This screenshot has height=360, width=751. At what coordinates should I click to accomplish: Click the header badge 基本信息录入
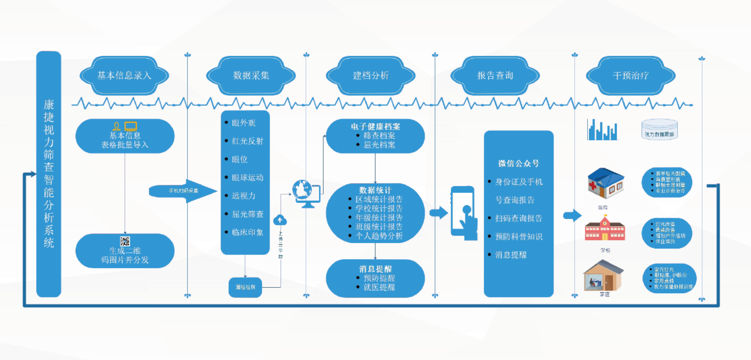coord(124,76)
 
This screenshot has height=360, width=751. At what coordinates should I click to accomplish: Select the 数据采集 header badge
coord(251,76)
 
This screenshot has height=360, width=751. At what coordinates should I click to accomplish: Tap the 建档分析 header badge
coord(370,76)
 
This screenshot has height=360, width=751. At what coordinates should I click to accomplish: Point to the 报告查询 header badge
coord(495,76)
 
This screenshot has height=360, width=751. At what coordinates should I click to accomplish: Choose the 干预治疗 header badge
coord(630,76)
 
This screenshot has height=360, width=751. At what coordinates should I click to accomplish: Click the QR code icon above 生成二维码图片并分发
coord(125,241)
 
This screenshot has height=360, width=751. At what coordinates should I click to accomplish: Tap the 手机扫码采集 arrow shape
coord(183,191)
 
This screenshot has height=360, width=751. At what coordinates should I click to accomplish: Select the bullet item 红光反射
coord(247,141)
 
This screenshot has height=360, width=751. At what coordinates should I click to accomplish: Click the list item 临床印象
coord(247,232)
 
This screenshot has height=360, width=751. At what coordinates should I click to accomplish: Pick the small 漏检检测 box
coord(245,287)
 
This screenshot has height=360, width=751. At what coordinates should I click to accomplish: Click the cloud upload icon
coord(280,220)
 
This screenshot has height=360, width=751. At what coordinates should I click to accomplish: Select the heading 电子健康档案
coord(375,127)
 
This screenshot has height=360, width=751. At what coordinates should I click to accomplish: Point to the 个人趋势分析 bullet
coord(379,236)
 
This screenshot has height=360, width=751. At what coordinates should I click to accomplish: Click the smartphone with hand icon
coord(464,213)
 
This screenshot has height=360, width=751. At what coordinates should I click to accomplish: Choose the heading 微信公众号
coord(519,163)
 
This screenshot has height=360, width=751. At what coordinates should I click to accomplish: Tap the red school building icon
coord(605,229)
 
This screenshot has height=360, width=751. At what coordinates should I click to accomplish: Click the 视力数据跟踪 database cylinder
coord(659,129)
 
